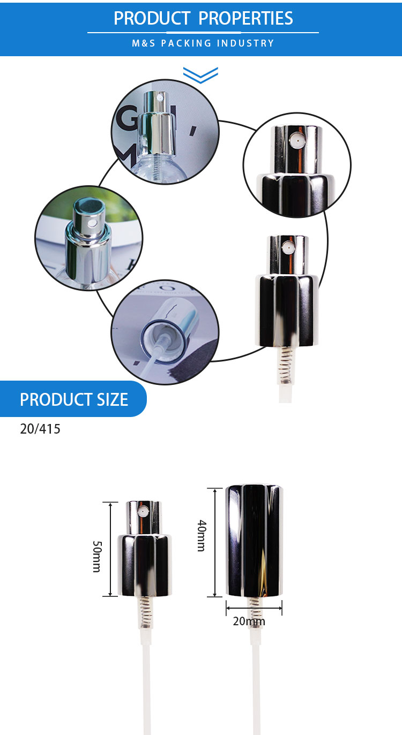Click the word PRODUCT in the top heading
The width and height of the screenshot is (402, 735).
click(152, 18)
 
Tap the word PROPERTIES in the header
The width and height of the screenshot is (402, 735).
click(245, 18)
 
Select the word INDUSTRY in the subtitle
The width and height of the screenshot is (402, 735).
click(245, 43)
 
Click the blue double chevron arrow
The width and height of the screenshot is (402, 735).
click(200, 75)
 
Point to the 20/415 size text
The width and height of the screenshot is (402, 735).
click(40, 429)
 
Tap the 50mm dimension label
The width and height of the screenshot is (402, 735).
click(97, 557)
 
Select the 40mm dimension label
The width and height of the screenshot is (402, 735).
click(202, 535)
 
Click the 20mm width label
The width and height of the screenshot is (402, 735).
click(249, 621)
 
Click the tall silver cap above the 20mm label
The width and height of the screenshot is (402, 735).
click(254, 541)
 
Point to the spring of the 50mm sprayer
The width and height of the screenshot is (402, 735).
click(145, 612)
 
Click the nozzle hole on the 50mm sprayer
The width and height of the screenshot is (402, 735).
click(143, 511)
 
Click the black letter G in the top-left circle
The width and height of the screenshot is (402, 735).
click(128, 117)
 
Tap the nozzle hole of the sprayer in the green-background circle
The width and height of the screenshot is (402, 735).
click(94, 223)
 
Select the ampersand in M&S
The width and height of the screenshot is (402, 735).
click(144, 43)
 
